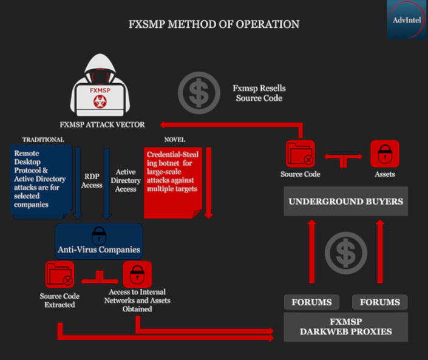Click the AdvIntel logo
pos(406,19)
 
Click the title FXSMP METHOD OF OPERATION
pos(214,25)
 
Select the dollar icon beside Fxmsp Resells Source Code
pos(199,93)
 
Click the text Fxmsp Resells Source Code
pos(259,93)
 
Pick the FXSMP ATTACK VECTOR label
pos(102,124)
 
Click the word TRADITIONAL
pos(43,140)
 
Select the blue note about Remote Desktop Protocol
pos(40,179)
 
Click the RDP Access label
pos(92,181)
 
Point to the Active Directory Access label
pos(126,180)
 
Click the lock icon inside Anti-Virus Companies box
pos(98,235)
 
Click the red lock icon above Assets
pos(384,154)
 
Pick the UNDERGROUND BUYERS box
pos(345,202)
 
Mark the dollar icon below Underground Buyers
pos(345,252)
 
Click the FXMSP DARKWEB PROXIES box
pos(345,327)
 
